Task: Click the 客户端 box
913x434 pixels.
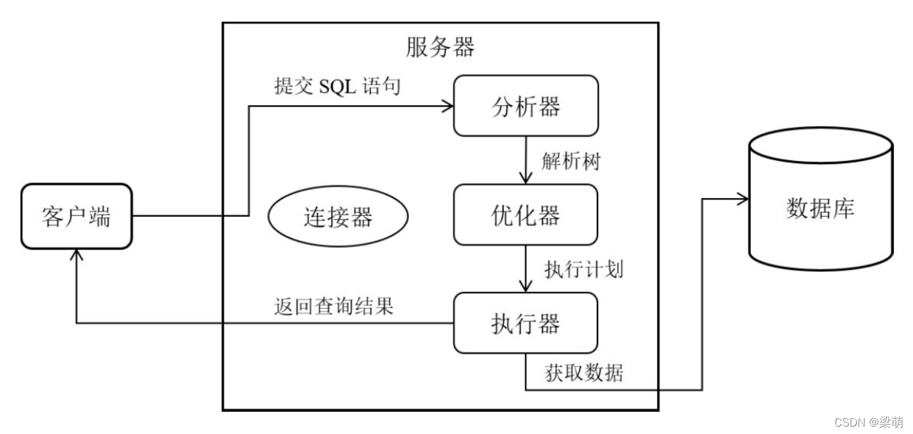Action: (77, 217)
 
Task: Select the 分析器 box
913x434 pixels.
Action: (526, 106)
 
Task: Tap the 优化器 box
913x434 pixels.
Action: (526, 215)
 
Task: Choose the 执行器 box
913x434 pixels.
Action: (526, 323)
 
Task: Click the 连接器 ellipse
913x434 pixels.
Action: (338, 217)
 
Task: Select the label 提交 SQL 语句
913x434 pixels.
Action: (337, 86)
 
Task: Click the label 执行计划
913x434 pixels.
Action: (583, 269)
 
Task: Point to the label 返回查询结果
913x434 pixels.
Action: (333, 306)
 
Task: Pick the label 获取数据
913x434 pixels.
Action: (583, 373)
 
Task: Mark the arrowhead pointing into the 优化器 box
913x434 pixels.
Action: (526, 178)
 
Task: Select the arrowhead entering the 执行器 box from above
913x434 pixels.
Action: (526, 287)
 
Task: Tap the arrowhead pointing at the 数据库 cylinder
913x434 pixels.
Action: (742, 199)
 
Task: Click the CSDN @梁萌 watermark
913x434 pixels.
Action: (868, 422)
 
